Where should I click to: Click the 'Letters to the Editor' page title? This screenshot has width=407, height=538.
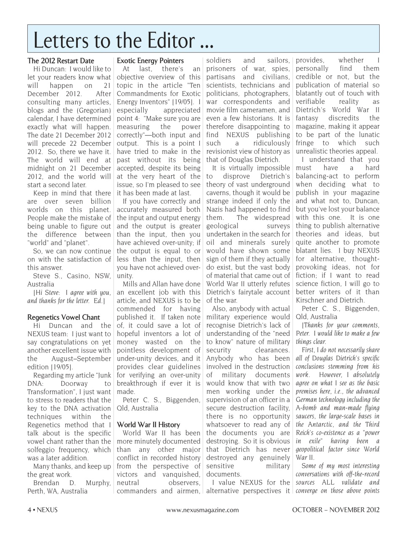pos(123,41)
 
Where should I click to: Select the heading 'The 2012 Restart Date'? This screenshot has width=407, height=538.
pos(61,61)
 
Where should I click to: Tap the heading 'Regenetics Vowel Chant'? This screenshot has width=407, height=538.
pos(63,317)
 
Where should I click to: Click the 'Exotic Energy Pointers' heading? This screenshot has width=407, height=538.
pos(150,61)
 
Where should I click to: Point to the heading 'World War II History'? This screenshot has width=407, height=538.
pos(148,425)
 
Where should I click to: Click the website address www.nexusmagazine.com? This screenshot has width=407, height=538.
pos(203,510)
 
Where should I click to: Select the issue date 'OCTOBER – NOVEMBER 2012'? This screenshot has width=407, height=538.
pos(336,510)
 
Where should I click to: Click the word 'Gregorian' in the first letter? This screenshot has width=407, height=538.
pos(93,111)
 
